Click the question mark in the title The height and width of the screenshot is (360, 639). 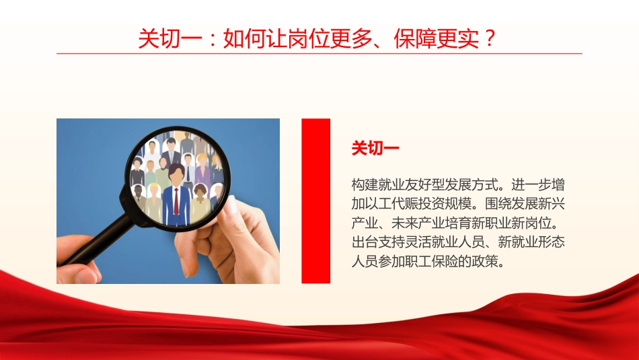pos(490,38)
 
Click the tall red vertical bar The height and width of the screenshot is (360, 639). pos(315,201)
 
